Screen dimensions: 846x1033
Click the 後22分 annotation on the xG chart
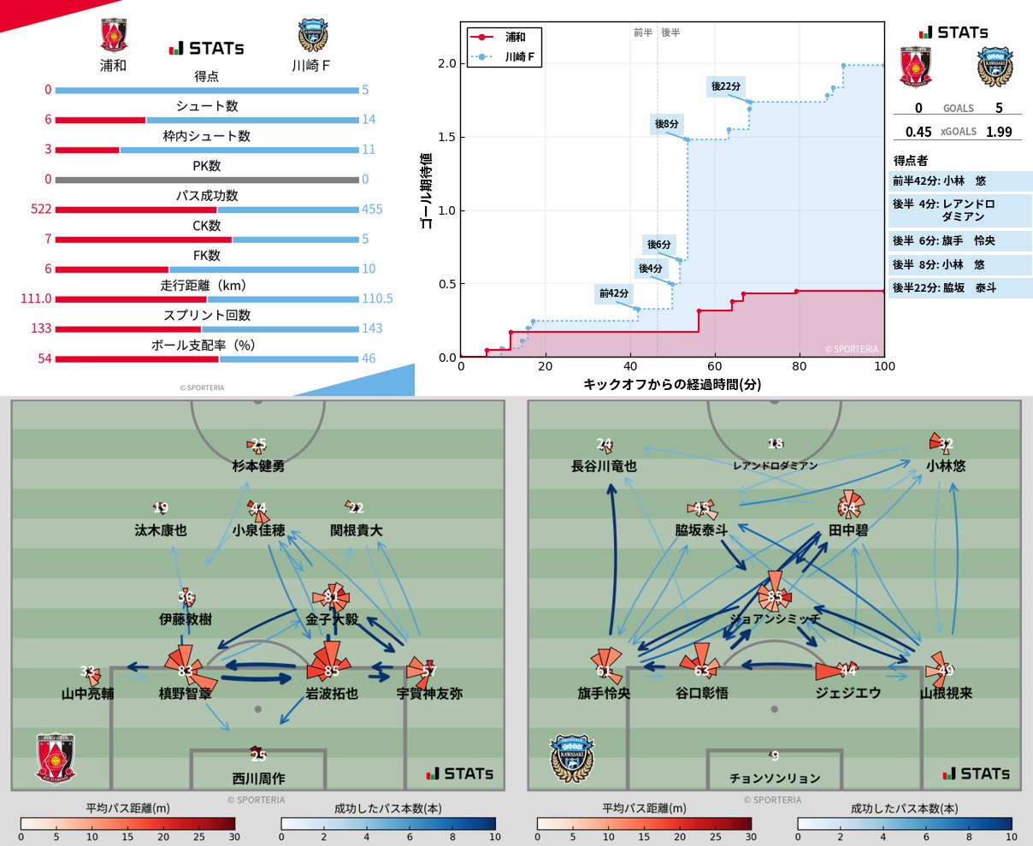[x=726, y=86]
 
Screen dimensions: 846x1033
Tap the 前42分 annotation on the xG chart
[x=614, y=293]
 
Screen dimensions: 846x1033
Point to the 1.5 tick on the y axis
[x=446, y=137]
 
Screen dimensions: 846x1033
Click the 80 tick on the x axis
[x=799, y=366]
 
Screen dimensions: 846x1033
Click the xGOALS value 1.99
[x=998, y=132]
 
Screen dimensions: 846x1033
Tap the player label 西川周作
[x=258, y=778]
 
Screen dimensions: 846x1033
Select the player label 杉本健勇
[x=258, y=466]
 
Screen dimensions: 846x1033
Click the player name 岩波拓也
[x=332, y=693]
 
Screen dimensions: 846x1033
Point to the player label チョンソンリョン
[x=775, y=778]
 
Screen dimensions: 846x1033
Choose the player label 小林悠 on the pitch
[x=946, y=466]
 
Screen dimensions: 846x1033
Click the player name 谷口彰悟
[x=702, y=693]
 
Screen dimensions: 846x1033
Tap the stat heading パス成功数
[x=207, y=195]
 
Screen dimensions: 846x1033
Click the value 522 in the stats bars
[x=41, y=209]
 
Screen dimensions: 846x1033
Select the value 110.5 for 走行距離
[x=377, y=299]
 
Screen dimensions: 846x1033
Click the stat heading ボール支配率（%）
[x=207, y=345]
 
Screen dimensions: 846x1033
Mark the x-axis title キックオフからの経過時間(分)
[x=672, y=384]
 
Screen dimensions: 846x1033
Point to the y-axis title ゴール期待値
[x=426, y=191]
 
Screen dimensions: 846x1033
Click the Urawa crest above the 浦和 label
[x=113, y=37]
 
